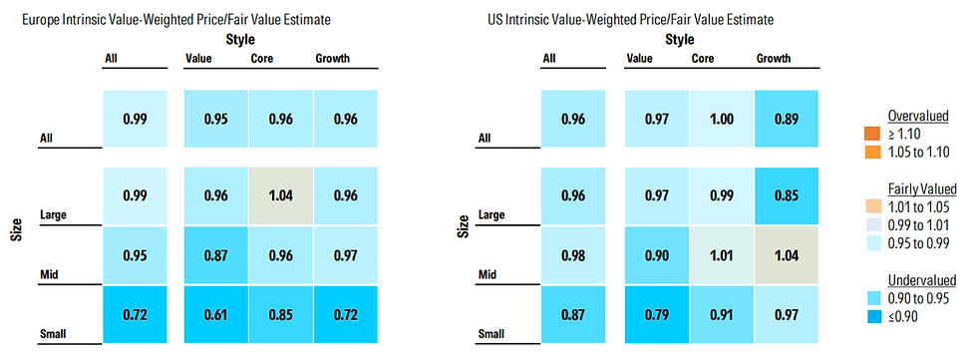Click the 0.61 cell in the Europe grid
pos(216,314)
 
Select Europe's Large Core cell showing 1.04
pos(281,195)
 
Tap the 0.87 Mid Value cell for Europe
pos(216,255)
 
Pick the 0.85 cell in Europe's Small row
pos(281,314)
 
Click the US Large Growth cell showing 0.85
pos(787,195)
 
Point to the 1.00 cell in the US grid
pos(722,119)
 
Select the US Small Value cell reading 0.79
pos(657,314)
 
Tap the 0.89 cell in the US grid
pos(787,119)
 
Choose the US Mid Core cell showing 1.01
pos(722,255)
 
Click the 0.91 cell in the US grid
pos(722,314)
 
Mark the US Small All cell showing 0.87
pos(573,314)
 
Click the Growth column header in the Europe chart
pos(332,59)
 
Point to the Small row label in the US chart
pos(489,334)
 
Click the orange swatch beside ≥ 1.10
pos(870,133)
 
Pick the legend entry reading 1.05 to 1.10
pos(918,153)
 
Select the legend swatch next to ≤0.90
pos(870,317)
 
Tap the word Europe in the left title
pos(38,21)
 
